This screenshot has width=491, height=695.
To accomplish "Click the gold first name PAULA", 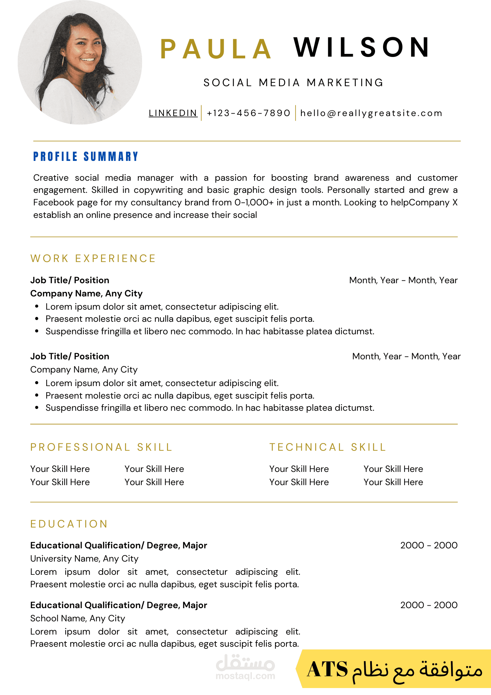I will [x=216, y=49].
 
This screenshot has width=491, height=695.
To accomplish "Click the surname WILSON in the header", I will [x=361, y=47].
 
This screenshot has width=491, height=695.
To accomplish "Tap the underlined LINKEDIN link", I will [x=173, y=113].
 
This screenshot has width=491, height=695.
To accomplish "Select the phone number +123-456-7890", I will [x=248, y=113].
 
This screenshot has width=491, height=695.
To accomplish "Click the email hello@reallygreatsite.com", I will [x=371, y=113].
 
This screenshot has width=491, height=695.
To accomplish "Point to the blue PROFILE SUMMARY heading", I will [x=86, y=157].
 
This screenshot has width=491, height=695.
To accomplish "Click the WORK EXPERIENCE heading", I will [x=93, y=259].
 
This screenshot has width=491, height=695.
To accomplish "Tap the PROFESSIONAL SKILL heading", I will [x=101, y=447].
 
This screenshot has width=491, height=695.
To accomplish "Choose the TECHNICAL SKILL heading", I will [x=328, y=447].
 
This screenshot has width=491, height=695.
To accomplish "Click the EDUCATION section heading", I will [x=69, y=524].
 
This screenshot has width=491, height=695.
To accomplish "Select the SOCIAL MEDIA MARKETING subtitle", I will [x=293, y=83].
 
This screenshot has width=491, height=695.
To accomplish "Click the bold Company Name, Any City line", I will [x=86, y=294].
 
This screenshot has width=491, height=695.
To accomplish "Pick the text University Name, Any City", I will [x=84, y=559].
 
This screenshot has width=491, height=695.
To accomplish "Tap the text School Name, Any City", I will [x=77, y=619].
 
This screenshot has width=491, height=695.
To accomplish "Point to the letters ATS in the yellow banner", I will [x=327, y=669].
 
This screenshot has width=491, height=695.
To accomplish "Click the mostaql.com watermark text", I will [x=245, y=676].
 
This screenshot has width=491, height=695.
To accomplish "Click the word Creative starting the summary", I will [x=51, y=178].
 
